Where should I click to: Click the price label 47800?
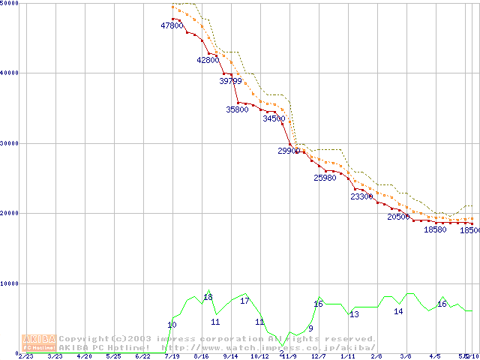tap(172, 25)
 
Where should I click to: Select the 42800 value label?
tap(208, 60)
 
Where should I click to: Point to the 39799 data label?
tap(230, 80)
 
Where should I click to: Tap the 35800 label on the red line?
tap(237, 109)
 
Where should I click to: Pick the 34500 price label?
tap(274, 118)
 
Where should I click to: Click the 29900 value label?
tap(289, 151)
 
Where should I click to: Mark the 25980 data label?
tap(325, 178)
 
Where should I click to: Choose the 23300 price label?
tap(361, 196)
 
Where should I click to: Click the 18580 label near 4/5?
tap(435, 229)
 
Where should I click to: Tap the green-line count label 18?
tap(208, 297)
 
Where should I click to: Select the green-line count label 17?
tap(244, 301)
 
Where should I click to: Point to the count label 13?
tap(354, 314)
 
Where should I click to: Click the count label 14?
tap(398, 310)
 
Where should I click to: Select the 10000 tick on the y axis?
tap(10, 283)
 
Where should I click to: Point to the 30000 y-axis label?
tap(10, 143)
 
